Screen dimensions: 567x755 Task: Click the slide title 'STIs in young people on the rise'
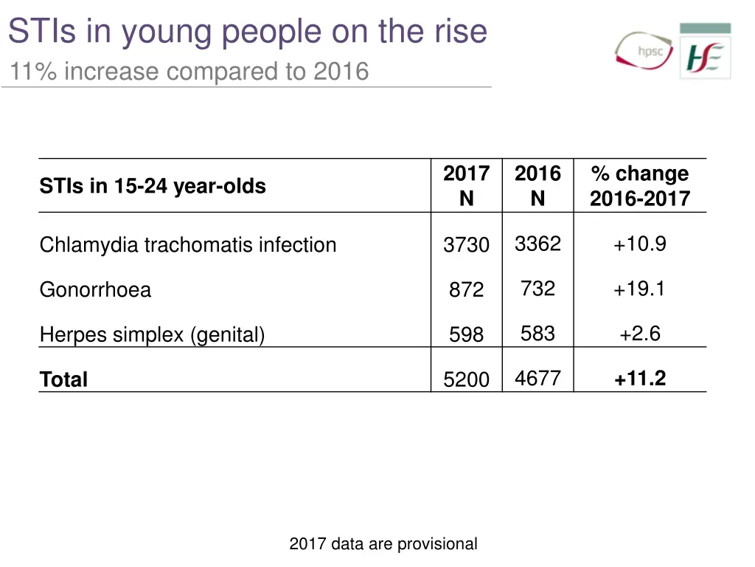[x=248, y=32]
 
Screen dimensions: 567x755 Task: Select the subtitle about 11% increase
[x=189, y=72]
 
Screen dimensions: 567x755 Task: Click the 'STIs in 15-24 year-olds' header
[x=153, y=186]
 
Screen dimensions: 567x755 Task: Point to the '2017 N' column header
[x=466, y=186]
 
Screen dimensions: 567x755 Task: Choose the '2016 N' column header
[x=537, y=186]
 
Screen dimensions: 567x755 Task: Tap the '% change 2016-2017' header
[x=639, y=186]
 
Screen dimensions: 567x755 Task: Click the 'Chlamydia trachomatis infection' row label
[x=188, y=245]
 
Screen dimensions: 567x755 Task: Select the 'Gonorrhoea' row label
[x=95, y=289]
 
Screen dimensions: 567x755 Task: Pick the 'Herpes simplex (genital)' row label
[x=152, y=335]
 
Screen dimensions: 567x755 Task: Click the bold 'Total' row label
[x=63, y=379]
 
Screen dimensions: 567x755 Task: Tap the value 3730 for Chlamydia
[x=466, y=245]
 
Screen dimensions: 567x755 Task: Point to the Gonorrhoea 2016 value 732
[x=537, y=289]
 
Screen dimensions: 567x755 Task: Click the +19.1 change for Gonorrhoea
[x=639, y=289]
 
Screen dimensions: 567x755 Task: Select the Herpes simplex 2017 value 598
[x=466, y=335]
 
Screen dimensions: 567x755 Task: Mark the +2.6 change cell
[x=639, y=334]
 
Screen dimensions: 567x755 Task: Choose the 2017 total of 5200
[x=466, y=379]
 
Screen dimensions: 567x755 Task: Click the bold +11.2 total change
[x=639, y=379]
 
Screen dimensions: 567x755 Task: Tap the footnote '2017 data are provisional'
[x=383, y=545]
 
